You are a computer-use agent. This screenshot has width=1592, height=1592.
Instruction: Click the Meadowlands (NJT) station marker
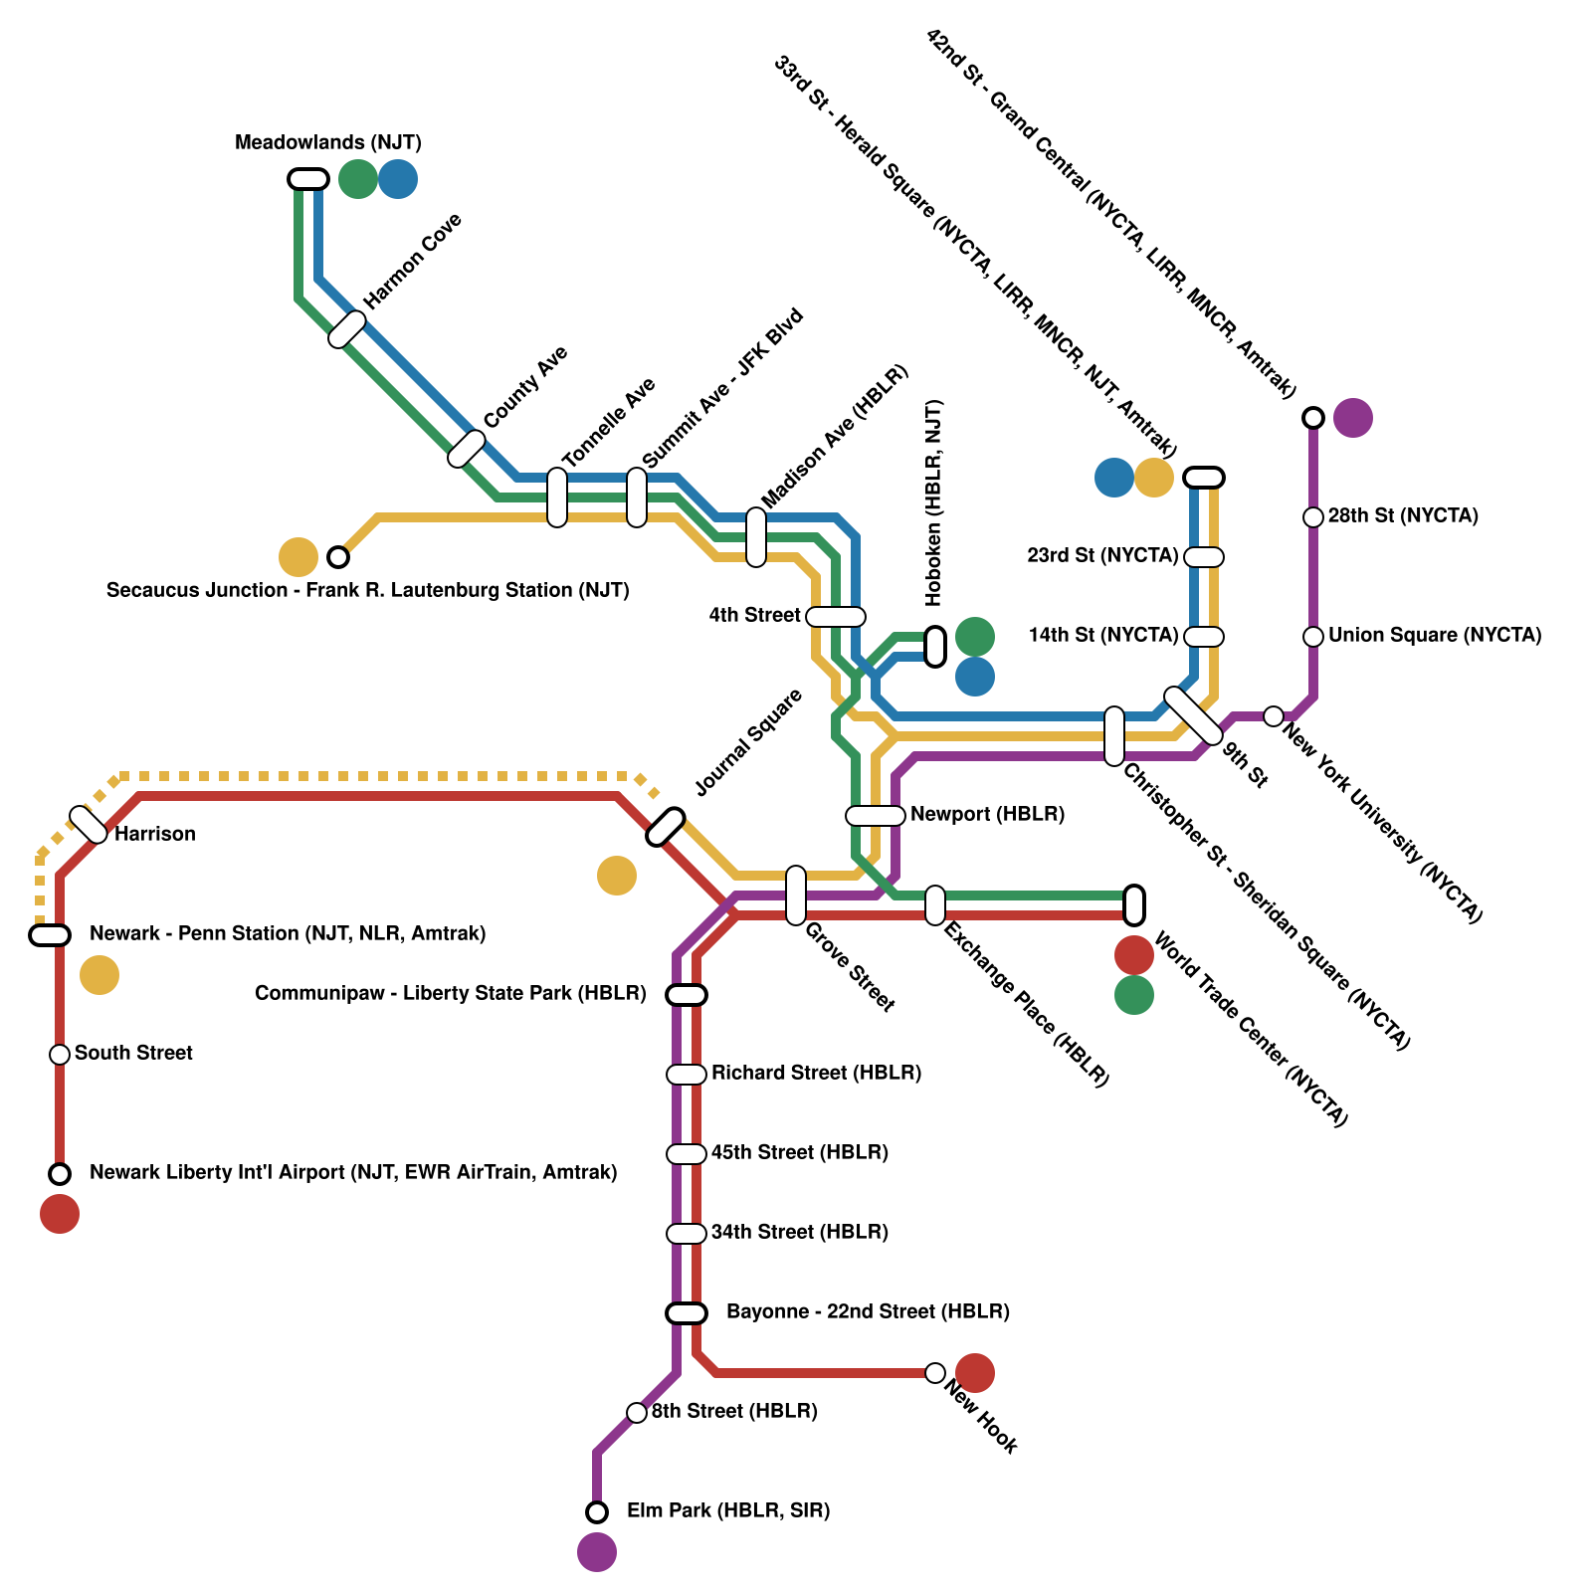pyautogui.click(x=308, y=179)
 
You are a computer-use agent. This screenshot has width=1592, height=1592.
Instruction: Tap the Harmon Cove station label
pyautogui.click(x=412, y=261)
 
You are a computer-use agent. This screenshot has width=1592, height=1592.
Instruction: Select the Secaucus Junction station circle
pyautogui.click(x=338, y=557)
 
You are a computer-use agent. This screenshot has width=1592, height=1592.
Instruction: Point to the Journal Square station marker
pyautogui.click(x=666, y=827)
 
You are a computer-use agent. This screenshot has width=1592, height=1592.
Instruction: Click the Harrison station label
pyautogui.click(x=154, y=834)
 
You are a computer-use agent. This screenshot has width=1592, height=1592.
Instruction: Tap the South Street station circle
pyautogui.click(x=60, y=1055)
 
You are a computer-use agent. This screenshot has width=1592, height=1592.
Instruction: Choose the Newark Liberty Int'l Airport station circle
pyautogui.click(x=60, y=1174)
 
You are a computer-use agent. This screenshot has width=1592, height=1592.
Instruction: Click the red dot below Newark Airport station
pyautogui.click(x=60, y=1214)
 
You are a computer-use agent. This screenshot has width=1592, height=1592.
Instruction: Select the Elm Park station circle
pyautogui.click(x=597, y=1512)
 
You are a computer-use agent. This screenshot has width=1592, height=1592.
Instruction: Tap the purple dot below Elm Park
pyautogui.click(x=597, y=1552)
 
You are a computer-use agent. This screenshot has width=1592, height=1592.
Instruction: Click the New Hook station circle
pyautogui.click(x=935, y=1373)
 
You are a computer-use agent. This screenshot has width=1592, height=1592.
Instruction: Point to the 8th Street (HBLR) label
pyautogui.click(x=734, y=1411)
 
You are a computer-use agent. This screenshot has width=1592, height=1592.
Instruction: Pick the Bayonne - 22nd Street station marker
pyautogui.click(x=687, y=1313)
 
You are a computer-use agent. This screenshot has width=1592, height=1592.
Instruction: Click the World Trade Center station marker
pyautogui.click(x=1134, y=905)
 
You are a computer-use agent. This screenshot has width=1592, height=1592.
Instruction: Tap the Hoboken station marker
pyautogui.click(x=935, y=647)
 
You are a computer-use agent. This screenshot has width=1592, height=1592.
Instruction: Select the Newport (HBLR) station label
pyautogui.click(x=987, y=814)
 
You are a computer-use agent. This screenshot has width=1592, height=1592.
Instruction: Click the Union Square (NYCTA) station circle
pyautogui.click(x=1313, y=637)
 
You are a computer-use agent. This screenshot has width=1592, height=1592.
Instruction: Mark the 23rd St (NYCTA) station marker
pyautogui.click(x=1204, y=557)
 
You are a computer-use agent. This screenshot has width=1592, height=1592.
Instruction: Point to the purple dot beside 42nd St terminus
pyautogui.click(x=1353, y=418)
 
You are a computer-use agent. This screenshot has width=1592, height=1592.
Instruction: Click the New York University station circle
pyautogui.click(x=1274, y=716)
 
